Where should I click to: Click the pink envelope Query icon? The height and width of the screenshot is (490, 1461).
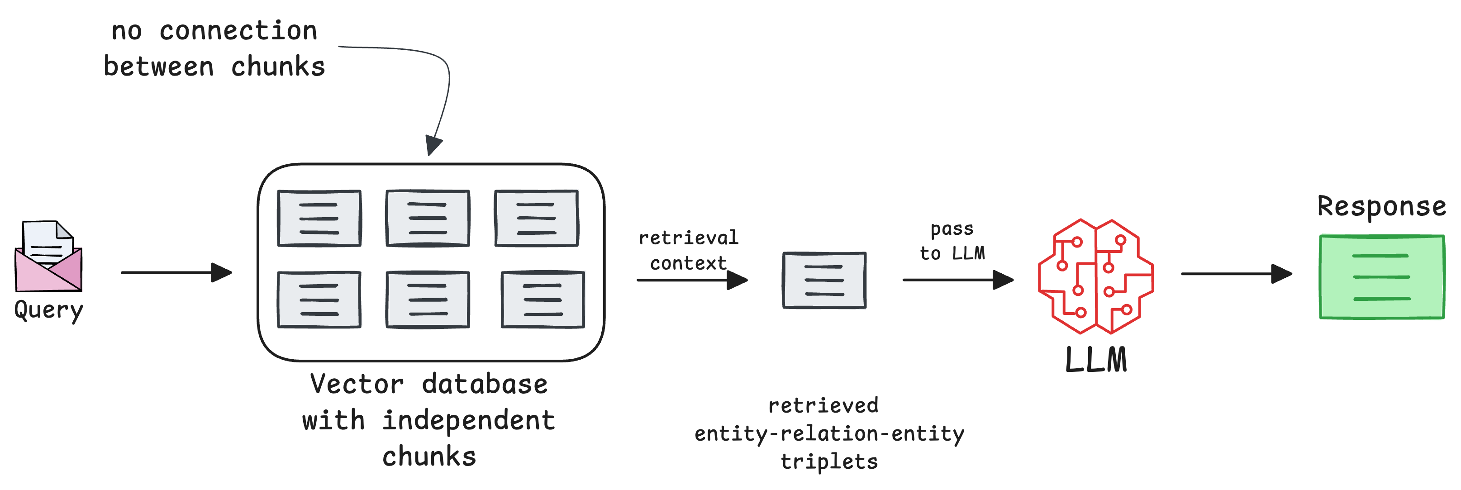[49, 257]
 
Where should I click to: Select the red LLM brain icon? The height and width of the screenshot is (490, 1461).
[1096, 276]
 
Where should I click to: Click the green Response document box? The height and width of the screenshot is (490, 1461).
[1382, 277]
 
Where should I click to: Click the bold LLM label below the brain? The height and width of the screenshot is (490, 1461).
[1096, 360]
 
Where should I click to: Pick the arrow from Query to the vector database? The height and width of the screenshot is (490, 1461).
[176, 272]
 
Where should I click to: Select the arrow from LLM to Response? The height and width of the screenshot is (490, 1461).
[1237, 274]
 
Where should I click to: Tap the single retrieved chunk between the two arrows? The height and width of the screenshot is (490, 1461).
[824, 280]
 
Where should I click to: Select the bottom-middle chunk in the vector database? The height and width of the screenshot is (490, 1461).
[428, 300]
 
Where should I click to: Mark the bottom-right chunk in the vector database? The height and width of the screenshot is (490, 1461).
[543, 300]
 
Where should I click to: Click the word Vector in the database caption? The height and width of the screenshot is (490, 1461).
[357, 385]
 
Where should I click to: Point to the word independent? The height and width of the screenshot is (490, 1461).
[468, 420]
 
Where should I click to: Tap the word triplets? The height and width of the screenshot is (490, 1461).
[829, 461]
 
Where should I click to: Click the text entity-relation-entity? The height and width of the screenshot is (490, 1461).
[829, 434]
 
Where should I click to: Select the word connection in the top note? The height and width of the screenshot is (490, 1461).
[238, 31]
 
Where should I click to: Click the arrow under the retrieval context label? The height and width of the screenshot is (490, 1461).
[692, 280]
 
